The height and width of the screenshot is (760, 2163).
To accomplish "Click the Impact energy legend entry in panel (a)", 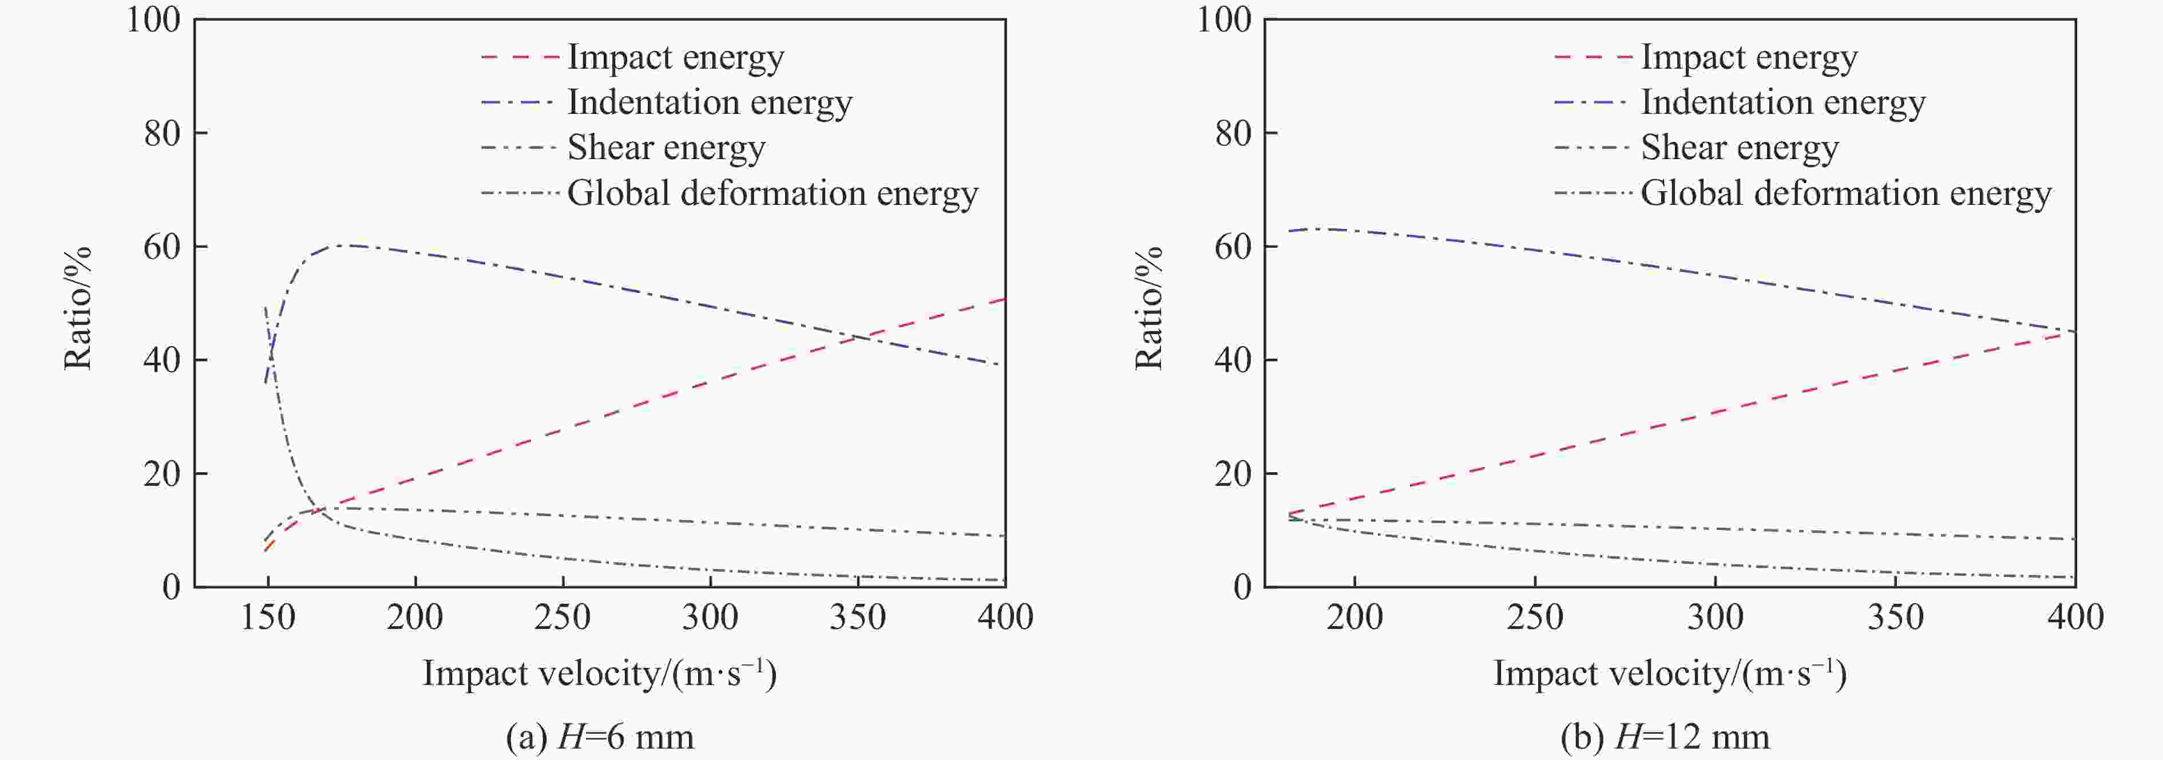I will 675,57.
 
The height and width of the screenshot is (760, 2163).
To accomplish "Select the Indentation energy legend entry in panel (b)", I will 1782,102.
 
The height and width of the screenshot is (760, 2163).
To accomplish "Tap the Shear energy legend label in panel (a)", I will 666,148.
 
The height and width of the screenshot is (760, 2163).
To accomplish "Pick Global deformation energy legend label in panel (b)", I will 1845,193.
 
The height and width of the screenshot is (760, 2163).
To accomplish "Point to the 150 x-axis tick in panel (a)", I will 268,617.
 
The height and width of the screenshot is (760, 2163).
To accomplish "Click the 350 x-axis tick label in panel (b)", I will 1895,617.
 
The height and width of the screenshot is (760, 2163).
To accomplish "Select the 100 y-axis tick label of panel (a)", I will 154,19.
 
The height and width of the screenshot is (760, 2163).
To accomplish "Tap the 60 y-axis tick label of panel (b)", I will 1234,247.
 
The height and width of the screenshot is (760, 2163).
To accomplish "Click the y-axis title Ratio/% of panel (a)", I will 77,308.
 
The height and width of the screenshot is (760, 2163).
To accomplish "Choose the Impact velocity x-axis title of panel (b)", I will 1669,674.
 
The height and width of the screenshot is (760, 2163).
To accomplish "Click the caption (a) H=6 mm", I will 600,737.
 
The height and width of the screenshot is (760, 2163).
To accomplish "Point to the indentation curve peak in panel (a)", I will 344,245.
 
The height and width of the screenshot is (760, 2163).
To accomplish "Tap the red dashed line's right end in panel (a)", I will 1004,299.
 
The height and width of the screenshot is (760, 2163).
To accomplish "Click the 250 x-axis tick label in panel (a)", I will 562,617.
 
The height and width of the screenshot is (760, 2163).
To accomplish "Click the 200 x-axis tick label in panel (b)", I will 1354,617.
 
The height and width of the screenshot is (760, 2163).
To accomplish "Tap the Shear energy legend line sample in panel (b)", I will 1592,148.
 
